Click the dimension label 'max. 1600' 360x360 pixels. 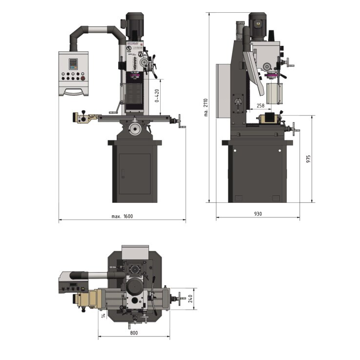click(122, 216)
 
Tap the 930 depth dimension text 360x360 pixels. click(257, 214)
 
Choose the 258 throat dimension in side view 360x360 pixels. click(260, 106)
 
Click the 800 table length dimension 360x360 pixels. click(134, 333)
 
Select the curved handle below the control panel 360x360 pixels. click(73, 91)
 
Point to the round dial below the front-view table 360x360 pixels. click(135, 129)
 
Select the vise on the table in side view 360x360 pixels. click(268, 120)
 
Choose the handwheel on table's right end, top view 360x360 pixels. click(184, 298)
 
